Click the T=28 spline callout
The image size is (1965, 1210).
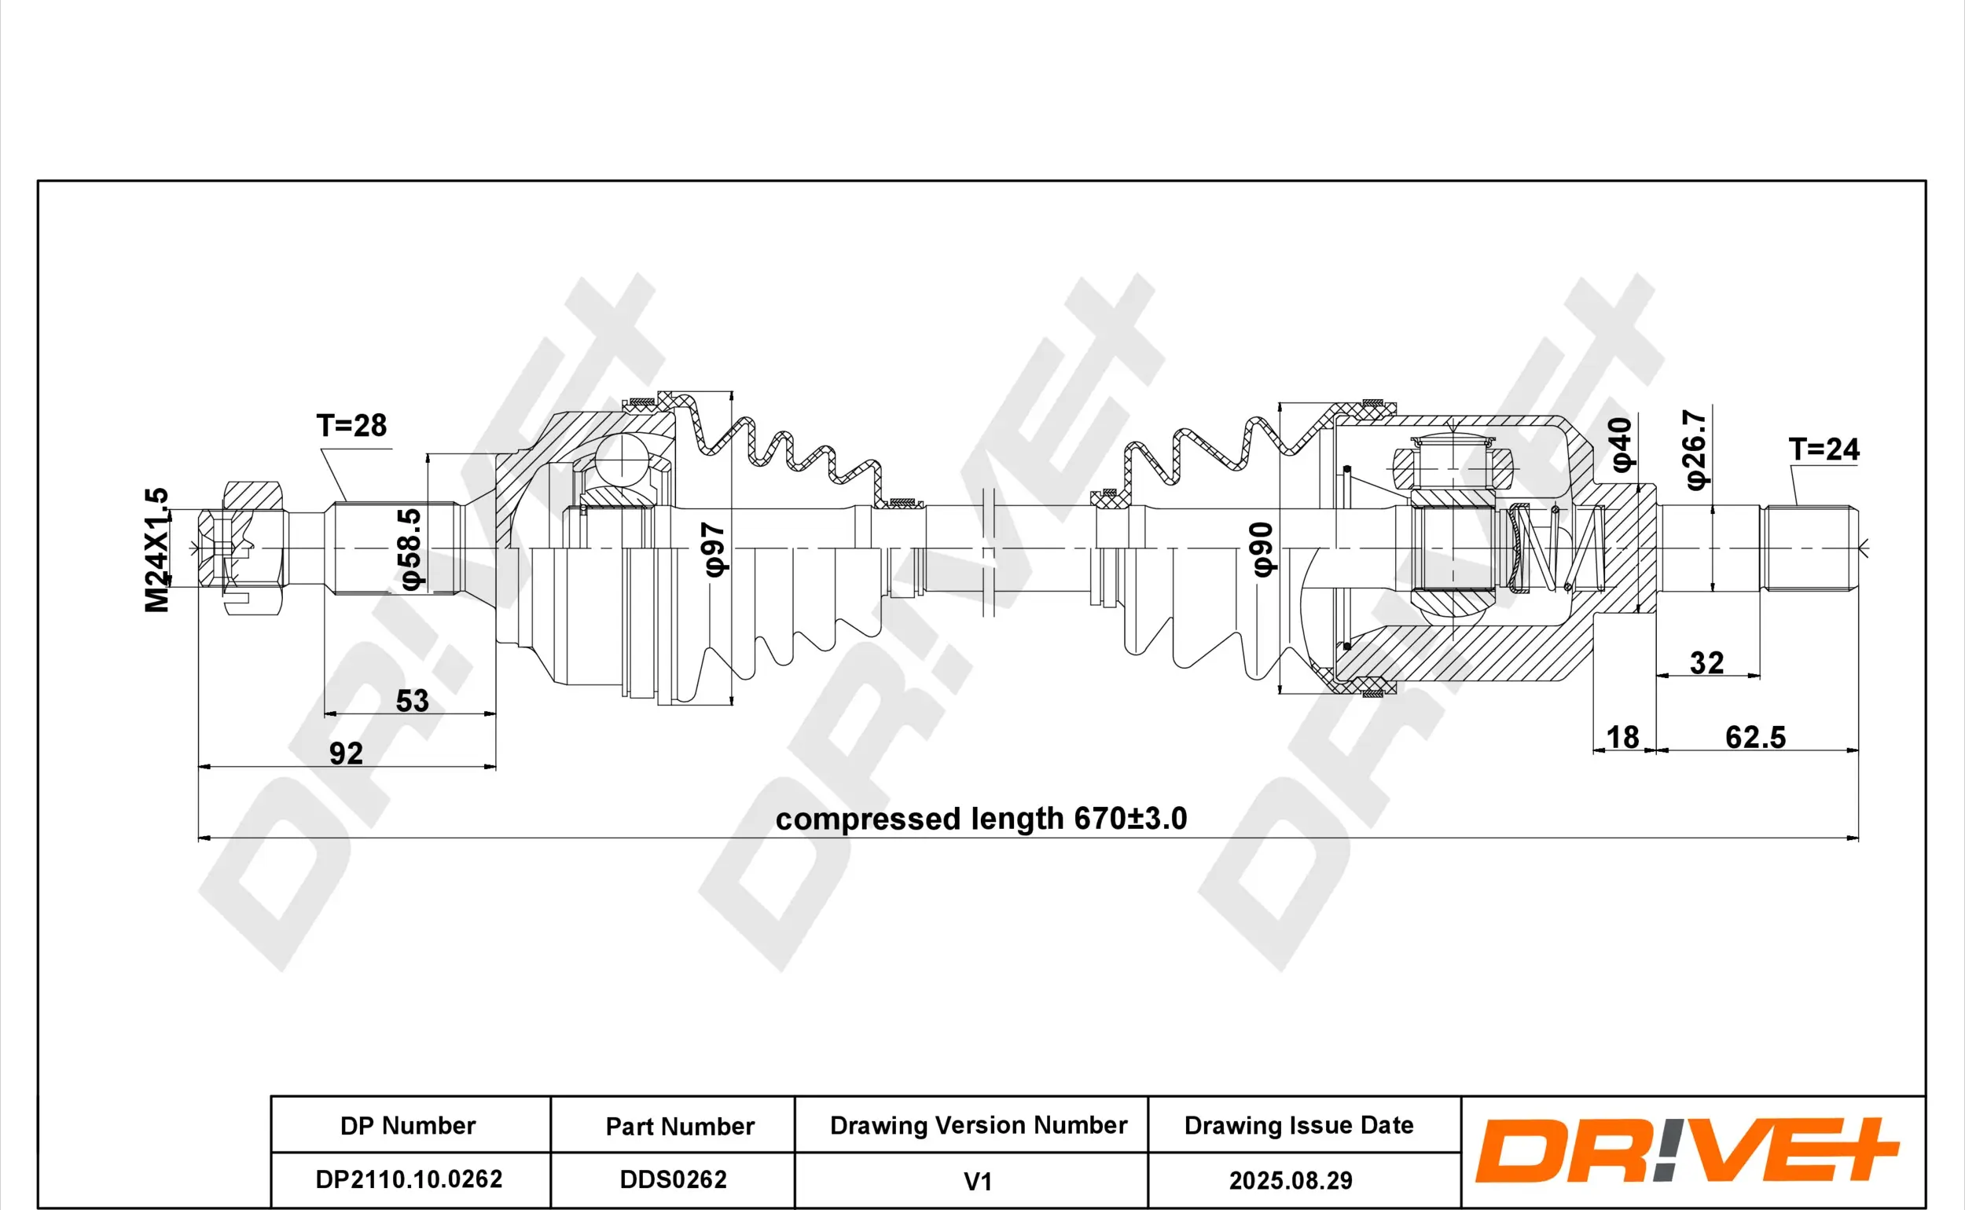[351, 426]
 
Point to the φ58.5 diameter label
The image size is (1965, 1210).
[410, 549]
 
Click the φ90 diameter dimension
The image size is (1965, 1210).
[1262, 549]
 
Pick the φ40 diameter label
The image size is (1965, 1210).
[1621, 445]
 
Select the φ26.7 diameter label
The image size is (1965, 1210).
[1696, 449]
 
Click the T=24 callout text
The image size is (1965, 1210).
[1824, 449]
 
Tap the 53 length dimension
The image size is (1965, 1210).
[412, 701]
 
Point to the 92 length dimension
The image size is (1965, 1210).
[346, 753]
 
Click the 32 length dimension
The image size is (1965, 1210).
[1706, 662]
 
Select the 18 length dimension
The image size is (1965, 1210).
[1622, 737]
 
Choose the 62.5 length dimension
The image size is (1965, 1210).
[1754, 737]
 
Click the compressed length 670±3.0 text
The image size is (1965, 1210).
[981, 819]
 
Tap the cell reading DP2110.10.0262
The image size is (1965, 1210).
[409, 1179]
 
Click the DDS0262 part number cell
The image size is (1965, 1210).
[673, 1179]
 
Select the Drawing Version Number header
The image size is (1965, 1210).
[978, 1125]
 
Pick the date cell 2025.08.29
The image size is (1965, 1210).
[1291, 1180]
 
